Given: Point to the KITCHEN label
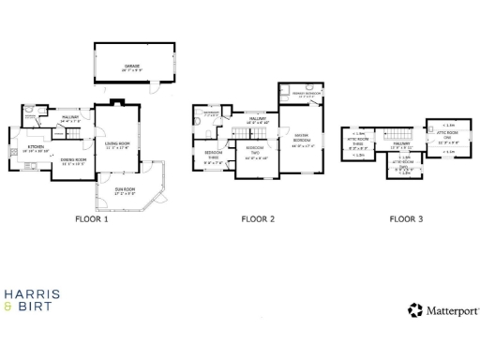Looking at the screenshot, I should click(36, 148).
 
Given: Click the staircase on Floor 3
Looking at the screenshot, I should click(397, 134).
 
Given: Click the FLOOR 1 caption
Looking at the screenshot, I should click(92, 220).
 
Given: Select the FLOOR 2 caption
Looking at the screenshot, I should click(258, 220).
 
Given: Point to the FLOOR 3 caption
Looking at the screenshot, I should click(406, 220).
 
